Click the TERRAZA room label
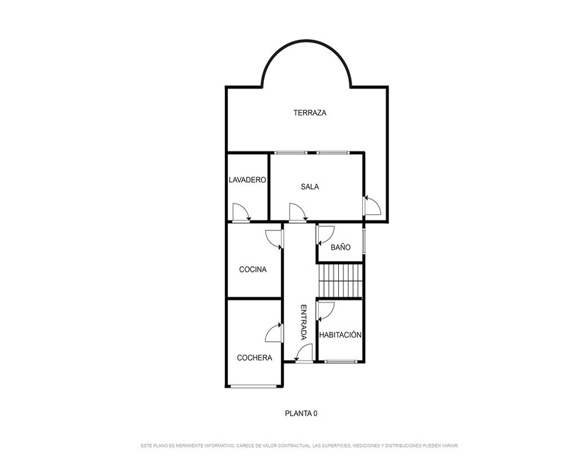pos(310,113)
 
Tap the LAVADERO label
pos(247,180)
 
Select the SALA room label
pos(310,186)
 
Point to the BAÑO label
pos(340,247)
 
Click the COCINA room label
pos(253,269)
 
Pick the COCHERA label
pos(254,358)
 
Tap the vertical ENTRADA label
pos(304,322)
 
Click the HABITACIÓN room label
pos(340,335)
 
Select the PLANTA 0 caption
pos(301,413)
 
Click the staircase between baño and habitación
pos(340,281)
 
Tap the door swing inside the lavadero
pos(242,212)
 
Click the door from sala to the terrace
pos(372,205)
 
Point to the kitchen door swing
pos(274,239)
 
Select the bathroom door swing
pos(325,235)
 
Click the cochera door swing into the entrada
pos(274,333)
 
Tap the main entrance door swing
pos(304,353)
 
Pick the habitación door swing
pos(325,311)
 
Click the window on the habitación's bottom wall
pos(340,362)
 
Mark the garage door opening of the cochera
pos(254,386)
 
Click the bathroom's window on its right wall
pos(364,242)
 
